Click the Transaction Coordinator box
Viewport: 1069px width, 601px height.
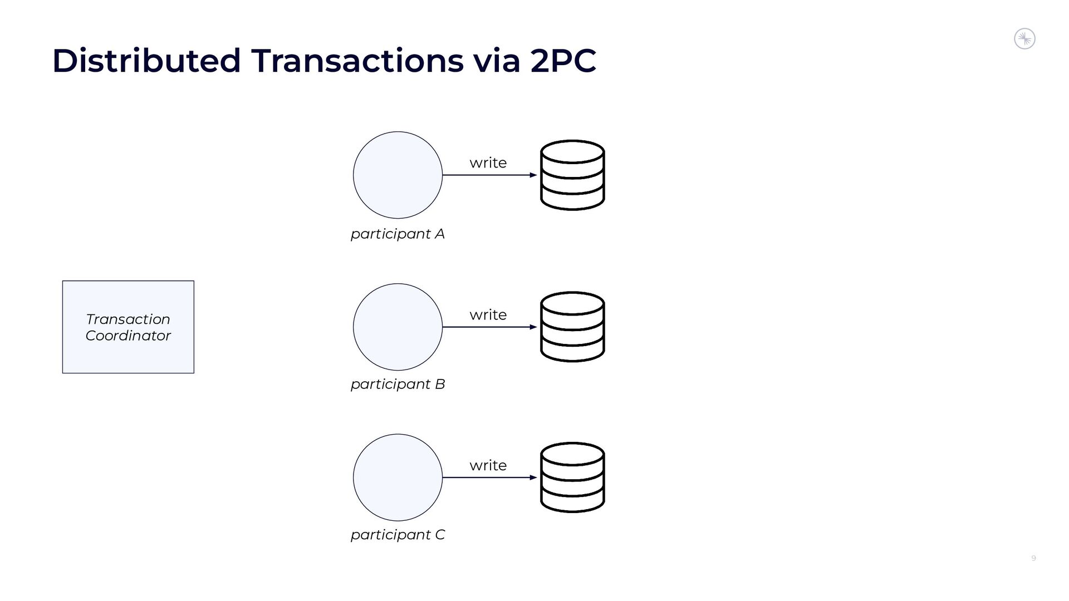[128, 327]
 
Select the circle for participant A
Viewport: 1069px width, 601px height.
[398, 175]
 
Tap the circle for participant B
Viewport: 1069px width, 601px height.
[398, 327]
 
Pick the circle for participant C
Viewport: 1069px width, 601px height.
[398, 477]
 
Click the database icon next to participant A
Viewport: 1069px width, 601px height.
[572, 175]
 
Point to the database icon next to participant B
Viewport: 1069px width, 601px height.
[572, 327]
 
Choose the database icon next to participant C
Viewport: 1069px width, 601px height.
[572, 477]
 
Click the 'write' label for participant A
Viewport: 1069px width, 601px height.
[488, 163]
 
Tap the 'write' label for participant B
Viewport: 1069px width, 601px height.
[488, 315]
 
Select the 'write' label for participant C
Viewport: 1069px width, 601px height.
[488, 465]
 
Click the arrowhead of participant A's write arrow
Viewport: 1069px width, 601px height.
[533, 175]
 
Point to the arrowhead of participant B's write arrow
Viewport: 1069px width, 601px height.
[533, 327]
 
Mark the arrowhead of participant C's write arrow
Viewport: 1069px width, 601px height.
[533, 477]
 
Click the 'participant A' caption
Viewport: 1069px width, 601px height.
[398, 234]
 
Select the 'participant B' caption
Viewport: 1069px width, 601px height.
[398, 385]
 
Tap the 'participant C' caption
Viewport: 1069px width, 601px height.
[398, 535]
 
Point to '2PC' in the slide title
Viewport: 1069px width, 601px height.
[563, 61]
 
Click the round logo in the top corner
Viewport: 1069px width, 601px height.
[1024, 39]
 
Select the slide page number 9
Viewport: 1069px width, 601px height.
[1033, 558]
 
